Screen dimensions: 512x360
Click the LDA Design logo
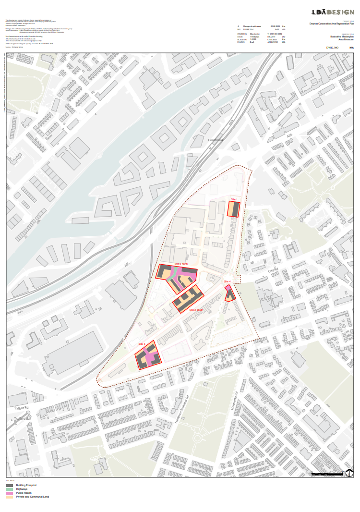[333, 12]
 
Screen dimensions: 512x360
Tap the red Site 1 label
[234, 199]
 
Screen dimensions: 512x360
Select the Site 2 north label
[181, 264]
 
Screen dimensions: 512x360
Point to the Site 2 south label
[196, 310]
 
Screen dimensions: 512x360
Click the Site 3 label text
[142, 344]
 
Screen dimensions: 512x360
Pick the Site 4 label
[227, 281]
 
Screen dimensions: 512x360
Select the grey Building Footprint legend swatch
[9, 486]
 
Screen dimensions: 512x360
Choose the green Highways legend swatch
[9, 489]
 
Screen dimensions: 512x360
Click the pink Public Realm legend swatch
[9, 493]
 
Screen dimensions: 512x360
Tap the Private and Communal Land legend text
[33, 497]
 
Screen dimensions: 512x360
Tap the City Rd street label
[273, 271]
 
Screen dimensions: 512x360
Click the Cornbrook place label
[216, 140]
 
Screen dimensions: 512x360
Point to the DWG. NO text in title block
[332, 48]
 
